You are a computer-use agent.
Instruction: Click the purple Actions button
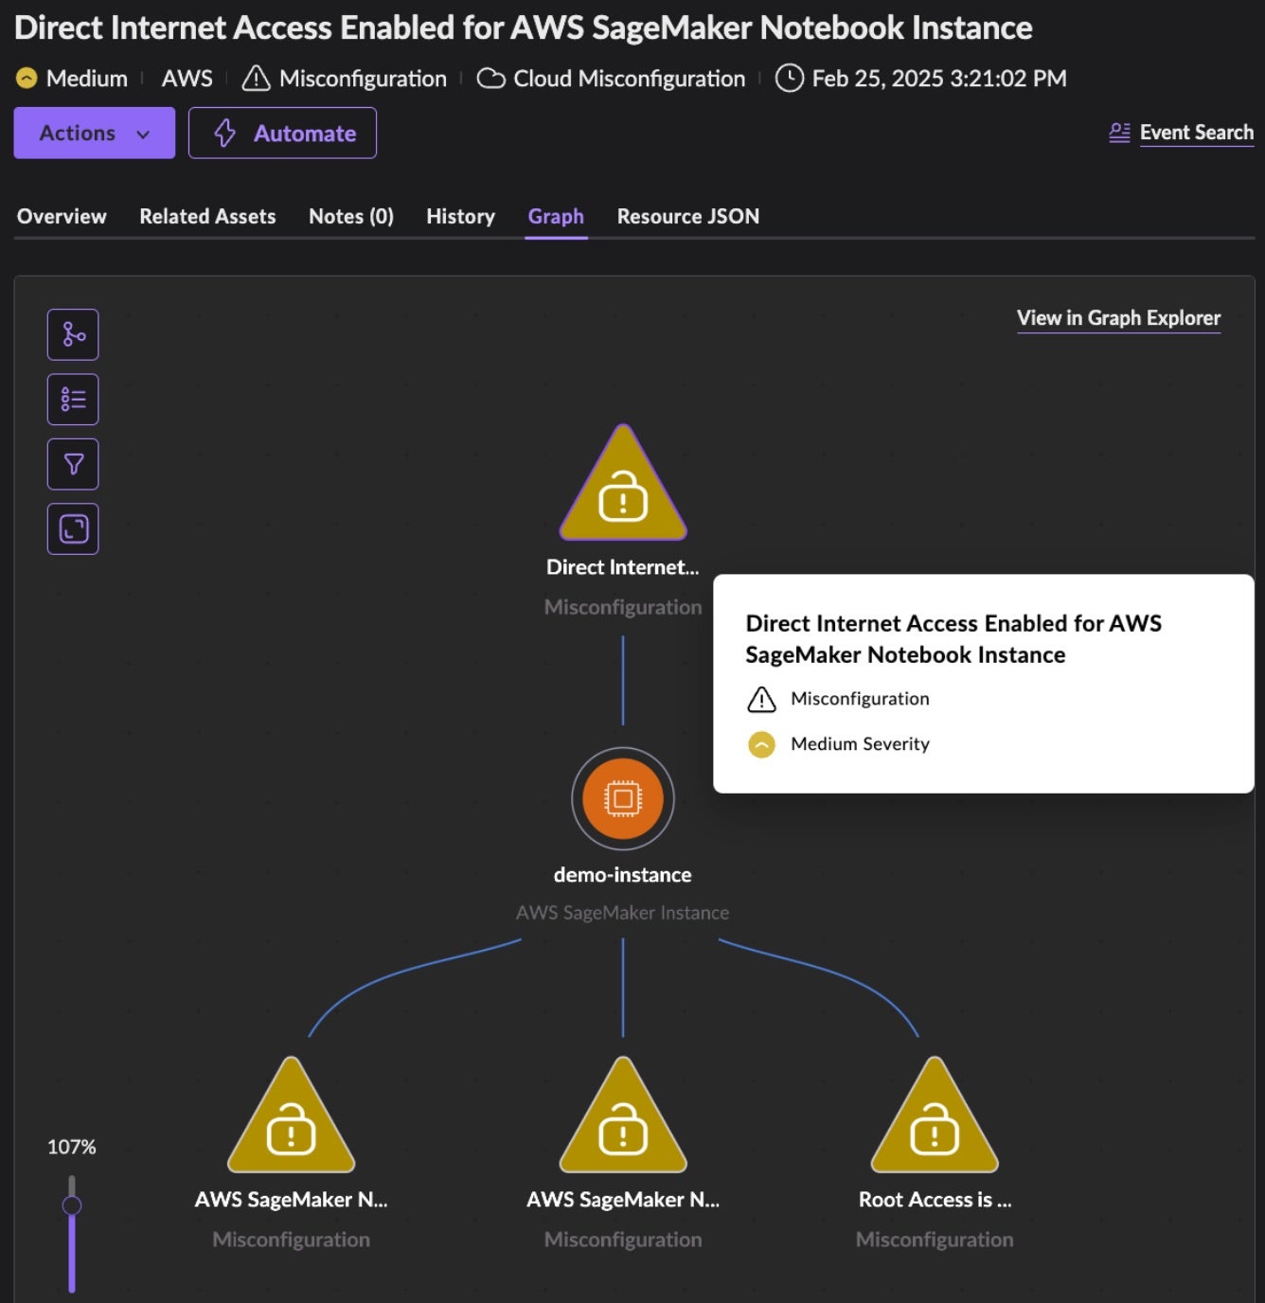tap(94, 133)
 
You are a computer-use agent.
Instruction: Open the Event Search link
tap(1195, 133)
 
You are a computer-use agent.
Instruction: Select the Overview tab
tap(62, 216)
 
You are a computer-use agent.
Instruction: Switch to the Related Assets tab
tap(207, 216)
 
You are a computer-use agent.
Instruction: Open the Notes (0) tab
tap(350, 216)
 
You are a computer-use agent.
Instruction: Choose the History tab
tap(460, 216)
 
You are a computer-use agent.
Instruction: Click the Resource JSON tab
tap(687, 216)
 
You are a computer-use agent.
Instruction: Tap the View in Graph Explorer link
tap(1118, 318)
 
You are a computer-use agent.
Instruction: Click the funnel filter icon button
tap(73, 464)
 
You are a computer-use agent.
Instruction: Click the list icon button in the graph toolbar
tap(73, 400)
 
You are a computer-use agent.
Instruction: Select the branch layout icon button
tap(73, 334)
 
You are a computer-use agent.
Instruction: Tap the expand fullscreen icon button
tap(73, 528)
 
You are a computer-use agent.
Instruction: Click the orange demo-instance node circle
tap(622, 798)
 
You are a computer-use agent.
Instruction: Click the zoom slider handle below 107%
tap(72, 1205)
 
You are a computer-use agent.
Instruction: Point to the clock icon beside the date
tap(789, 79)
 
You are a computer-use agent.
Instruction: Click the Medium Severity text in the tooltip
tap(860, 744)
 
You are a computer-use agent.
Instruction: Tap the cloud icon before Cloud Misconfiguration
tap(490, 79)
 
